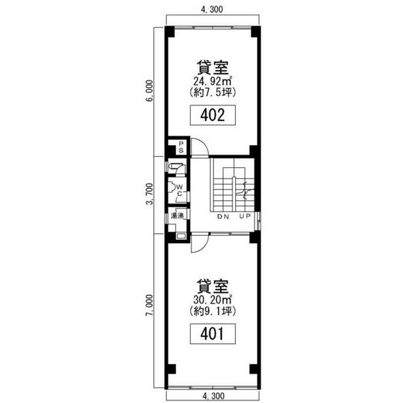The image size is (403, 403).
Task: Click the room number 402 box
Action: click(x=212, y=115)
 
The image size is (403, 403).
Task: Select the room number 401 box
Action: click(x=212, y=334)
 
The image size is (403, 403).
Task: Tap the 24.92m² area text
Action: click(x=213, y=81)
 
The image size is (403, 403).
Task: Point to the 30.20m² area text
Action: click(x=213, y=300)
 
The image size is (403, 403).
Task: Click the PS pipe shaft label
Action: click(x=181, y=147)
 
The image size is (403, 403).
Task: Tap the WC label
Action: click(x=179, y=190)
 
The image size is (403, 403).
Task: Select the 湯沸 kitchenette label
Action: click(x=177, y=216)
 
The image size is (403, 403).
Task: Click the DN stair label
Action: click(x=223, y=217)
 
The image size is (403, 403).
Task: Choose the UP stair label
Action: click(x=244, y=216)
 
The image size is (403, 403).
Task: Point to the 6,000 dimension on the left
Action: click(x=149, y=91)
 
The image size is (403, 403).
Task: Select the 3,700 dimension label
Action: click(x=149, y=194)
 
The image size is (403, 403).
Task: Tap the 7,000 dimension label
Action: click(x=149, y=305)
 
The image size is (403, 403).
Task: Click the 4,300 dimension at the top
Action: click(x=212, y=9)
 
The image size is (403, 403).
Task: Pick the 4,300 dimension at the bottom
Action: click(x=213, y=396)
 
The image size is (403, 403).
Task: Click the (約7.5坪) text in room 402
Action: click(x=212, y=92)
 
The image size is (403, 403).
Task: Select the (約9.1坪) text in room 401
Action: click(x=212, y=311)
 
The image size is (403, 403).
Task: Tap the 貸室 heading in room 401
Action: click(x=212, y=286)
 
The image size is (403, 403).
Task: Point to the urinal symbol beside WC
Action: click(x=172, y=187)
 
